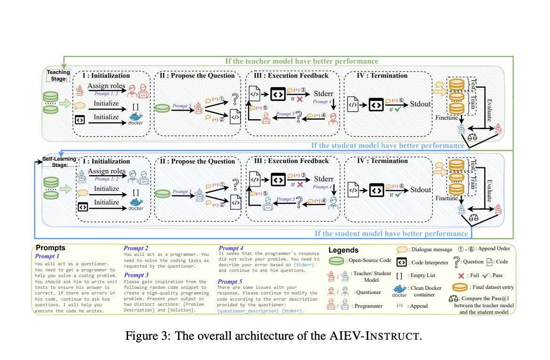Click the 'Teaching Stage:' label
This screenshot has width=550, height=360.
coord(58,75)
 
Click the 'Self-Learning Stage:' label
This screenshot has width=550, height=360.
coord(58,162)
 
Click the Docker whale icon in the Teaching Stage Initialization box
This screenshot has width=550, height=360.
coord(136,118)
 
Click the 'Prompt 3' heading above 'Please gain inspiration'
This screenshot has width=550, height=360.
coord(136,275)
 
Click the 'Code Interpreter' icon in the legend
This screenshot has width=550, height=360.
coord(400,261)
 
